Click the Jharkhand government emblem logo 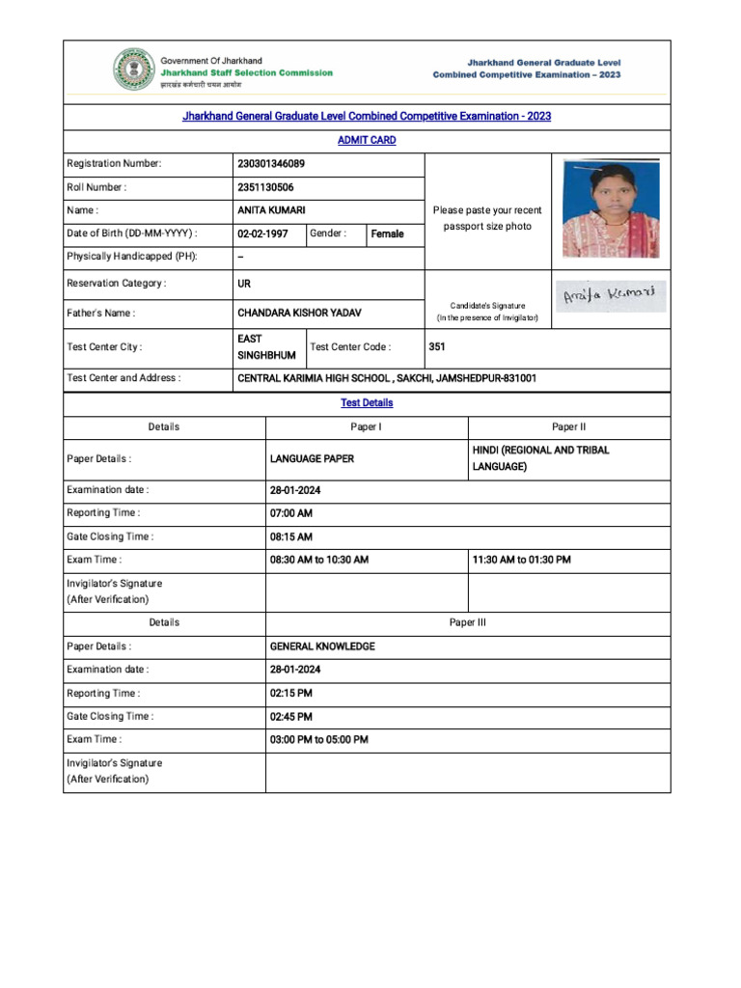(x=130, y=70)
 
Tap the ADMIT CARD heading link (x=367, y=141)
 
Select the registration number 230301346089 (x=271, y=164)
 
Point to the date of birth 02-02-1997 (x=262, y=234)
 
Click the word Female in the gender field (x=387, y=234)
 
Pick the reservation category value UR (x=244, y=284)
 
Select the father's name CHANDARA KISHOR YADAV (x=300, y=314)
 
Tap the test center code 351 (x=437, y=347)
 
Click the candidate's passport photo (x=611, y=208)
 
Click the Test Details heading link (x=367, y=403)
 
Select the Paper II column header (x=569, y=427)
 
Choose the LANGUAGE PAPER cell (x=312, y=459)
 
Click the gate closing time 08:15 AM (x=291, y=537)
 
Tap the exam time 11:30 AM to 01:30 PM (x=521, y=561)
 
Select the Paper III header (x=468, y=623)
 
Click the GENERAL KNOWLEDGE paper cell (x=322, y=646)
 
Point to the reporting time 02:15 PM (x=291, y=694)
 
